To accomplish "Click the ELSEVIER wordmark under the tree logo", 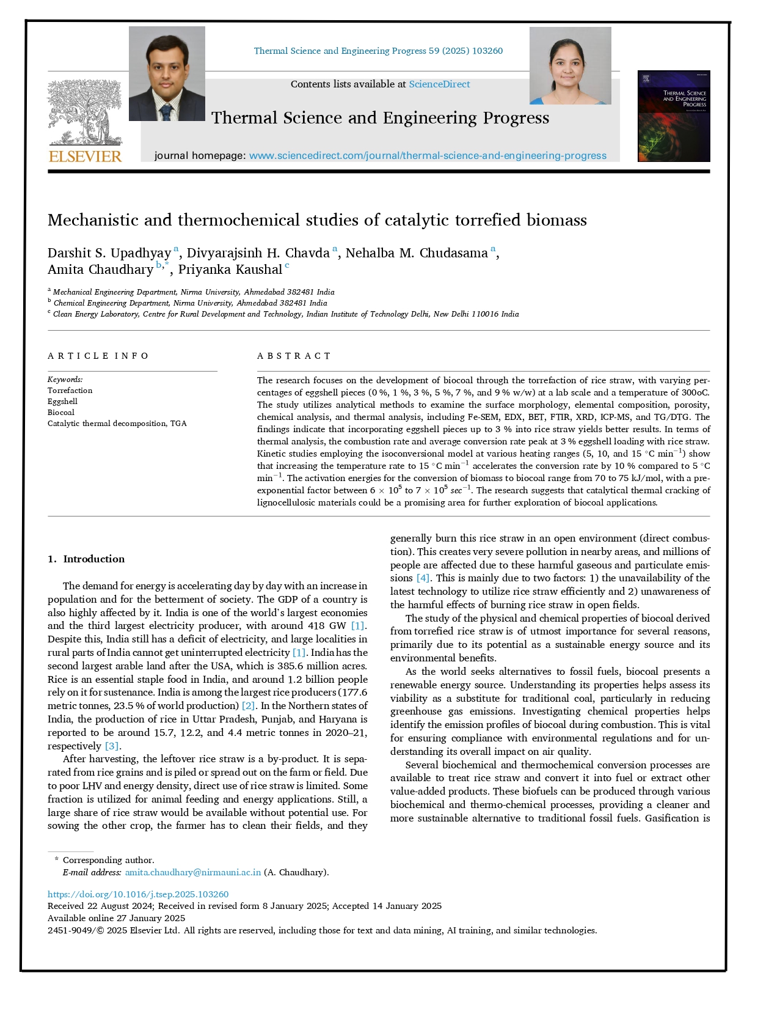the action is coord(85,156).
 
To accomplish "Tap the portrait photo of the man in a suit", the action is coord(167,74).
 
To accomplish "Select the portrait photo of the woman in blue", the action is coord(570,66).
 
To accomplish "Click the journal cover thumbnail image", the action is coord(674,116).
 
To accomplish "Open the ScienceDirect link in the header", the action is coord(439,84).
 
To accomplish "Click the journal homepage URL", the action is coord(428,156).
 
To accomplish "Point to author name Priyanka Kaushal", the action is coord(230,270).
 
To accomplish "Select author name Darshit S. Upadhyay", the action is coord(109,253).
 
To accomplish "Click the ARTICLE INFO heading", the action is coord(98,356).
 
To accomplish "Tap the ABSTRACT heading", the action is coord(294,356).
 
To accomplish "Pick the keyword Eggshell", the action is coord(62,402).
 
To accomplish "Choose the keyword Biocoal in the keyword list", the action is coord(61,413).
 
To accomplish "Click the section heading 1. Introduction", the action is coord(86,559).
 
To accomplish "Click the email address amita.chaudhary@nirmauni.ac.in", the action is coord(193,872).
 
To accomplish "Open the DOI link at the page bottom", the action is coord(138,894).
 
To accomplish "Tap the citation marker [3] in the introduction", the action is coord(112,746).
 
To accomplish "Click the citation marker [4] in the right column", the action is coord(423,578).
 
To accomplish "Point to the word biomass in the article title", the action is coord(556,220).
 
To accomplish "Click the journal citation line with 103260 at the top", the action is coord(378,51).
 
